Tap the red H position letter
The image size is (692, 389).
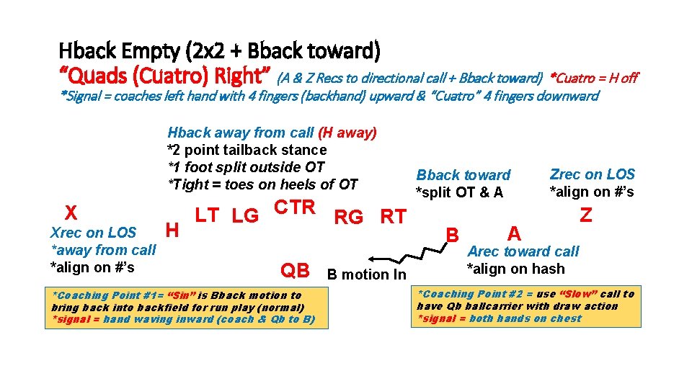tap(172, 230)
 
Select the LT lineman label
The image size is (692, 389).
tap(208, 215)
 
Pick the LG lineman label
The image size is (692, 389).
tap(246, 215)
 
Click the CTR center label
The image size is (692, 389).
tap(295, 207)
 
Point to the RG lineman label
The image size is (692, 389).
tap(349, 217)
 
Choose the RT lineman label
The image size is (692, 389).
tap(393, 217)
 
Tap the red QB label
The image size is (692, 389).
tap(295, 271)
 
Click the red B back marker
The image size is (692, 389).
tap(453, 236)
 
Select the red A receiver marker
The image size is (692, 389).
tap(514, 233)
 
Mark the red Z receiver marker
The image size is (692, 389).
tap(586, 215)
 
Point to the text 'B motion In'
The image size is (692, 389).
tap(366, 274)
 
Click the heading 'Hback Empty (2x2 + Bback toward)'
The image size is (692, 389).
tap(219, 51)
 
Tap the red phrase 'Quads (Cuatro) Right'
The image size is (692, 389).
tap(165, 76)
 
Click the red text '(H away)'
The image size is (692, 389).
tap(347, 133)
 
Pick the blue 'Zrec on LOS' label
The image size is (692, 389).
tap(592, 174)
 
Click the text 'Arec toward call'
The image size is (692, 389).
tap(523, 251)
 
